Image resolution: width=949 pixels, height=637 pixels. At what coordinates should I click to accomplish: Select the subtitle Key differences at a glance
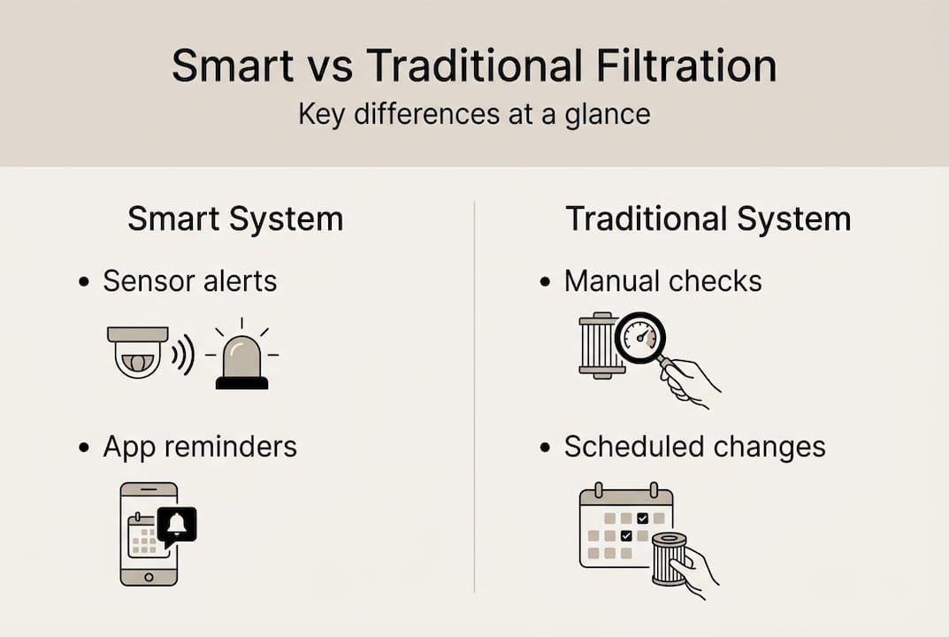[x=474, y=115]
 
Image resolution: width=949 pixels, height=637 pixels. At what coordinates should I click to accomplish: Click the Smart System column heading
[x=235, y=219]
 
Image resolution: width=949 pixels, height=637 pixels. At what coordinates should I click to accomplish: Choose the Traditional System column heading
[x=708, y=219]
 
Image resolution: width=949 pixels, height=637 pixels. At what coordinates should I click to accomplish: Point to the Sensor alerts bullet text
[x=189, y=281]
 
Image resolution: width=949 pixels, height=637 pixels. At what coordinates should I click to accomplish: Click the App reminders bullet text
[x=200, y=447]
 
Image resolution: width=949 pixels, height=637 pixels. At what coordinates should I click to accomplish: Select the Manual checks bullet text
[x=662, y=281]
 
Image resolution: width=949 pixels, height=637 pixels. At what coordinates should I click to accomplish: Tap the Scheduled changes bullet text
[x=694, y=447]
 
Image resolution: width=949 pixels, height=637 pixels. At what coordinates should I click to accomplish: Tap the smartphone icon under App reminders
[x=147, y=533]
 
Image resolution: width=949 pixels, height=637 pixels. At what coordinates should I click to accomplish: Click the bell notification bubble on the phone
[x=177, y=525]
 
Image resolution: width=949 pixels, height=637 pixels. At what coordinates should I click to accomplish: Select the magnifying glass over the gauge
[x=639, y=337]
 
